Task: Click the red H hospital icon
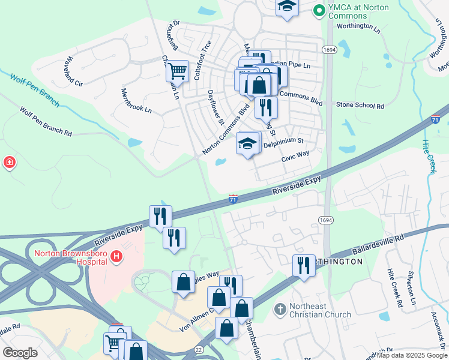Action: [x=117, y=257]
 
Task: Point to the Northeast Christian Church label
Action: [x=320, y=310]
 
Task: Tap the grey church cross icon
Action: [x=279, y=310]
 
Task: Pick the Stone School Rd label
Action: [x=360, y=106]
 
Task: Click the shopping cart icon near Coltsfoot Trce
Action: [x=177, y=71]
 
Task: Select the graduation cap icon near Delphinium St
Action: [x=248, y=144]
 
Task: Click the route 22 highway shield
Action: [x=198, y=349]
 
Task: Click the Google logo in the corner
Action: [x=20, y=352]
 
